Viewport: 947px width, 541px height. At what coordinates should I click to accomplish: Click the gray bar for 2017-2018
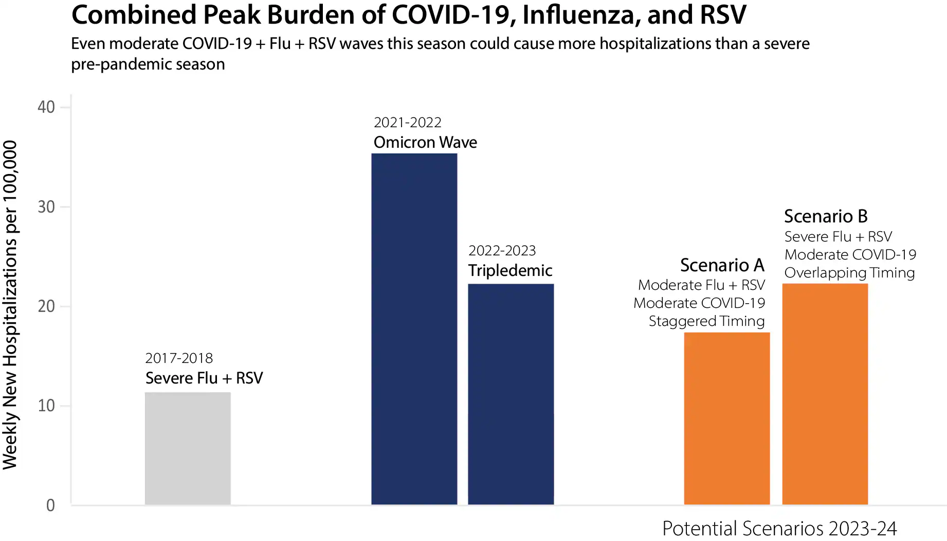[x=188, y=448]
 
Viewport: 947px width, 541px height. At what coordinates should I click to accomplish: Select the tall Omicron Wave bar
[x=414, y=329]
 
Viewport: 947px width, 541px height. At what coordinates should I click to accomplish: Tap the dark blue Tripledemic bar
[x=511, y=394]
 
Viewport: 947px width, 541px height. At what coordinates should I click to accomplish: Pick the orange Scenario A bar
[x=726, y=418]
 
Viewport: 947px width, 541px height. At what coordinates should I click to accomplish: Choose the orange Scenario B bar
[x=825, y=394]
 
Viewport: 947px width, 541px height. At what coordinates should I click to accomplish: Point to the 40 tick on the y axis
[x=46, y=107]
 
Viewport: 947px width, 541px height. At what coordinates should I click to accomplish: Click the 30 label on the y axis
[x=46, y=207]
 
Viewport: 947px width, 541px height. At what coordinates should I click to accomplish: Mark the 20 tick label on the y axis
[x=46, y=306]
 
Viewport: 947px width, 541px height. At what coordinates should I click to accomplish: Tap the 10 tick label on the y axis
[x=46, y=406]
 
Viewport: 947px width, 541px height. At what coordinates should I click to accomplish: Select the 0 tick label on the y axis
[x=50, y=505]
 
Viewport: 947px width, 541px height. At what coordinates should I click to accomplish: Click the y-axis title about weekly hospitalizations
[x=10, y=305]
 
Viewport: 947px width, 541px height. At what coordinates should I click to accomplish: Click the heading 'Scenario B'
[x=825, y=216]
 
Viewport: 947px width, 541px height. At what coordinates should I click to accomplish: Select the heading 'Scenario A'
[x=722, y=265]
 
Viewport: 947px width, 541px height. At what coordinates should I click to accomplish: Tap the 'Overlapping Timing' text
[x=849, y=273]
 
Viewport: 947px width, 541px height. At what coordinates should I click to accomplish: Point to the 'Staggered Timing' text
[x=706, y=321]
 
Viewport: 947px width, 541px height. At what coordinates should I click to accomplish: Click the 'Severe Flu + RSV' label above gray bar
[x=204, y=378]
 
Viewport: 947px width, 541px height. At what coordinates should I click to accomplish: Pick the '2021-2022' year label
[x=407, y=123]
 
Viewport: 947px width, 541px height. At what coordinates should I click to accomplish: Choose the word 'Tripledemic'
[x=510, y=271]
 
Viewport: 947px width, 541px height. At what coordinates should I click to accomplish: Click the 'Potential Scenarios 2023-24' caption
[x=779, y=529]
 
